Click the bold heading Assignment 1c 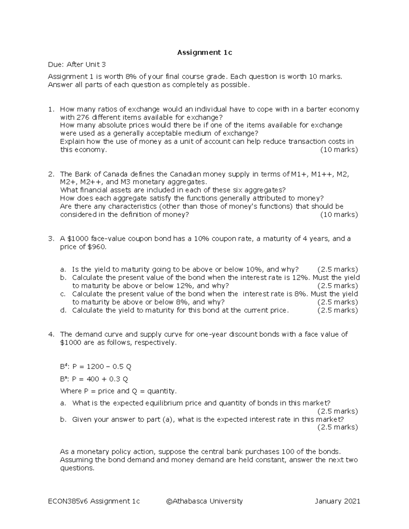pyautogui.click(x=204, y=52)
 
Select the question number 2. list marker pyautogui.click(x=51, y=174)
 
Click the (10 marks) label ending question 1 pyautogui.click(x=339, y=150)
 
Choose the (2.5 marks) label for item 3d pyautogui.click(x=337, y=310)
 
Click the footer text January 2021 pyautogui.click(x=337, y=501)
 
